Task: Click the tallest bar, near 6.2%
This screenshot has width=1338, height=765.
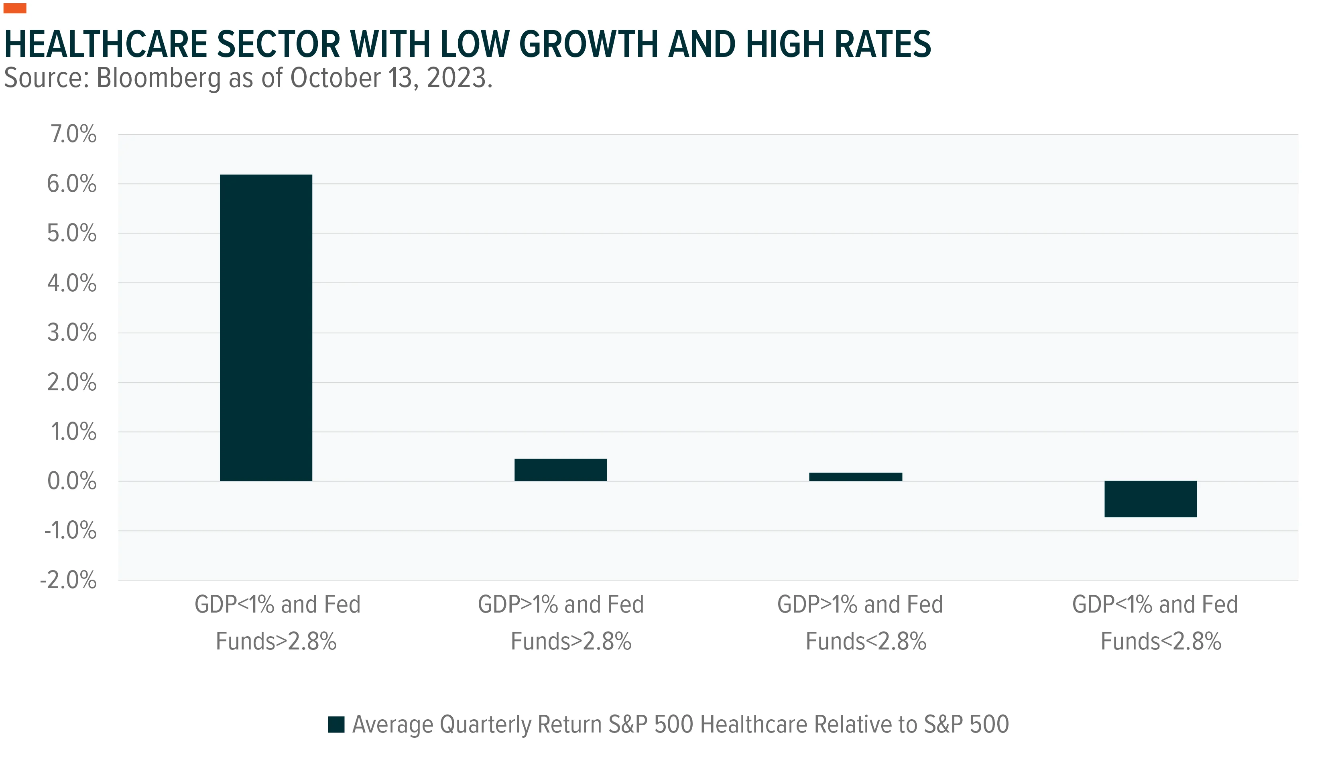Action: (x=266, y=327)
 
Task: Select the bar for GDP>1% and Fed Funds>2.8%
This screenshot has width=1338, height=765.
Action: (x=561, y=470)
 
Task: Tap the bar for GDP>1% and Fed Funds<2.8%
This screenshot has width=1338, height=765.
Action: (x=856, y=477)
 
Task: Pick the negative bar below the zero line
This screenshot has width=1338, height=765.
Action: (x=1151, y=499)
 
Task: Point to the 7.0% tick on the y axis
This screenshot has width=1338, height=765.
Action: (x=73, y=134)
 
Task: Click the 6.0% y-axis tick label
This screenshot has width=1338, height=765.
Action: (x=72, y=184)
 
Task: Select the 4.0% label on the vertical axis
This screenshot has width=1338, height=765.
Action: (x=72, y=283)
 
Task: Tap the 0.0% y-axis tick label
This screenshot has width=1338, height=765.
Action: (x=72, y=481)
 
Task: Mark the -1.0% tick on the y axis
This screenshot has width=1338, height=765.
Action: (x=70, y=531)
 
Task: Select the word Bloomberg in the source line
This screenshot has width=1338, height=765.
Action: (x=159, y=78)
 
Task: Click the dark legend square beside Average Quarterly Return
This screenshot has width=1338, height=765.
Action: (x=336, y=724)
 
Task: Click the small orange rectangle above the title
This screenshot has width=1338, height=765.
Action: (x=15, y=8)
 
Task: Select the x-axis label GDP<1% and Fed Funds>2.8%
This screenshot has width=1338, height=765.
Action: (x=277, y=623)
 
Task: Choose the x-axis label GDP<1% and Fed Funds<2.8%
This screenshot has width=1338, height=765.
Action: (x=1155, y=623)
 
